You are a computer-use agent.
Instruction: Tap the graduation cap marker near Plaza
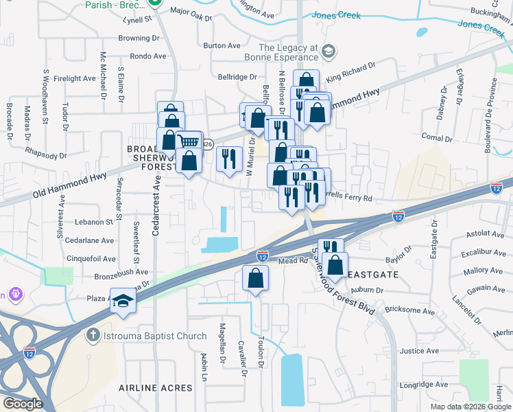123,302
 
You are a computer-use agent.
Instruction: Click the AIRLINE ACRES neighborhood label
156,388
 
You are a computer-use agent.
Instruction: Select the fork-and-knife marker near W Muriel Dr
230,158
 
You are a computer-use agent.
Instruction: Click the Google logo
23,403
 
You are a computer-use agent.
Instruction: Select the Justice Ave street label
418,350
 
